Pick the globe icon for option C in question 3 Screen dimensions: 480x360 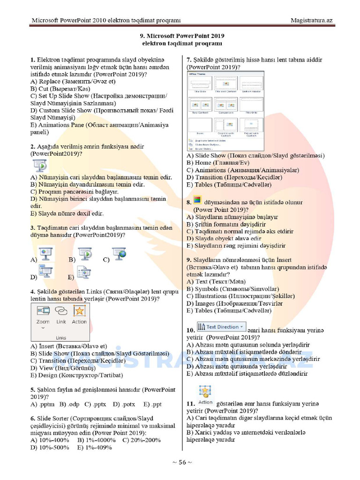coord(119,254)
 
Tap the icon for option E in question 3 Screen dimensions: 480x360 coord(83,272)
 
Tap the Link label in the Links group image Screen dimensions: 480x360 coord(61,322)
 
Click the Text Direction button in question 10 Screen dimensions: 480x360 coord(221,327)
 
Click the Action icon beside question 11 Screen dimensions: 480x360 coord(205,394)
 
